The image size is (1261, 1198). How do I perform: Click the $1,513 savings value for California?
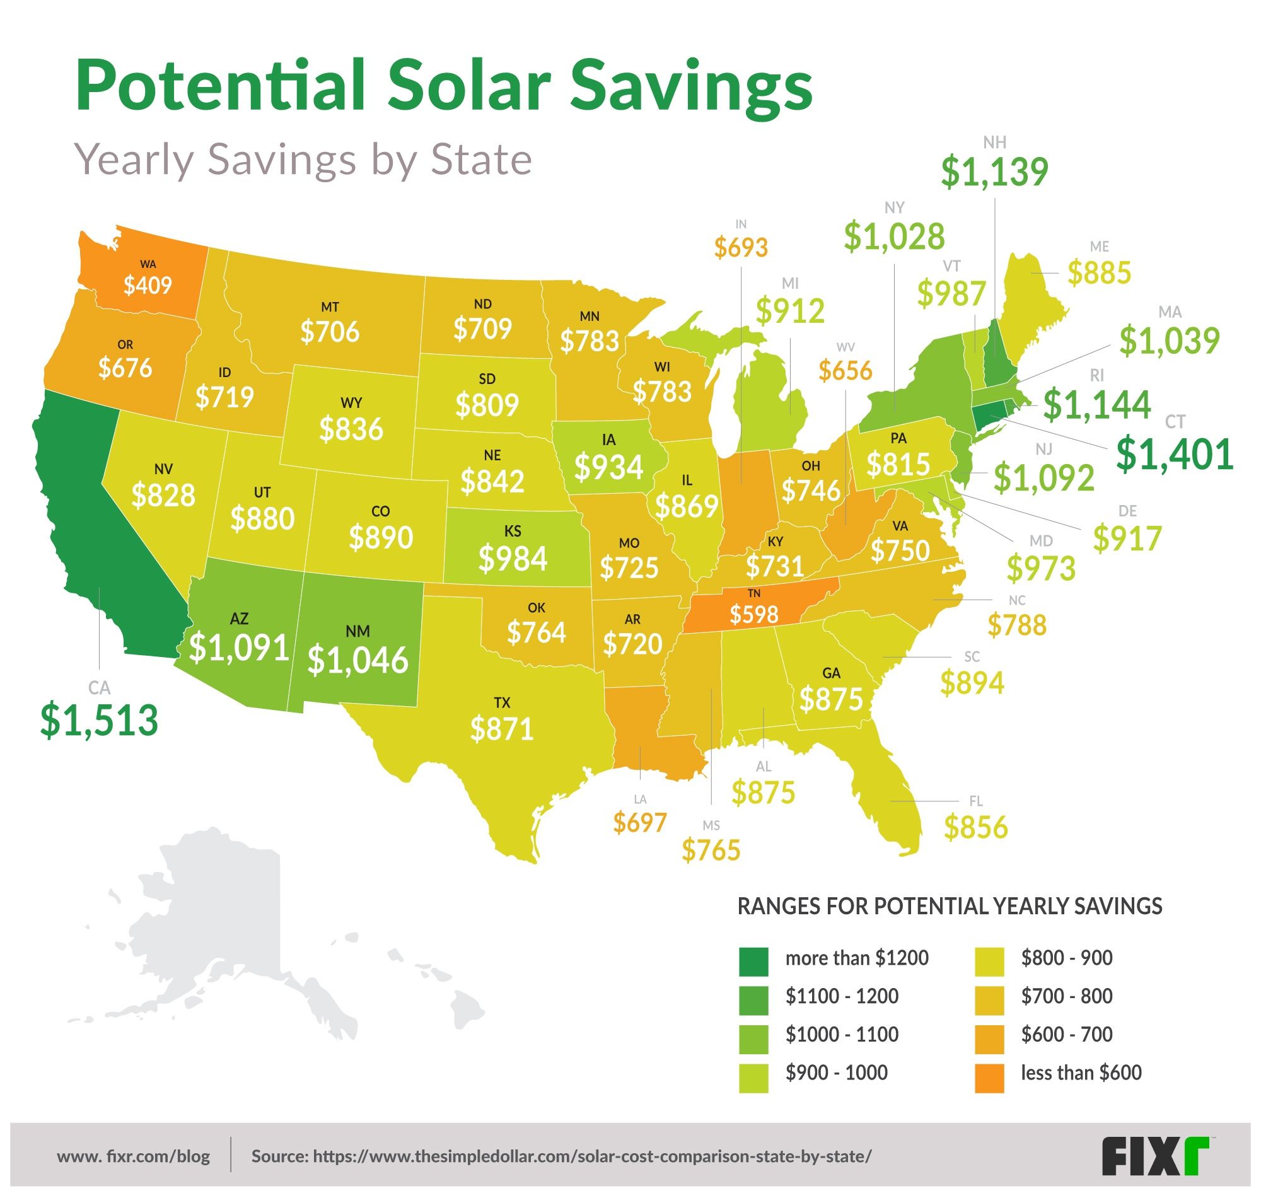[99, 719]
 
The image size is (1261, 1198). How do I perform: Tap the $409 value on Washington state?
[148, 285]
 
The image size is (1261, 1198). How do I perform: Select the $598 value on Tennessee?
[754, 614]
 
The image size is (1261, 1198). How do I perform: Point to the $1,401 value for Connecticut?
[1174, 455]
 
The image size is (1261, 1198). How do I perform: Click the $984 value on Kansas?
[513, 559]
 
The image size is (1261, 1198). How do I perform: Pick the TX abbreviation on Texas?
[502, 703]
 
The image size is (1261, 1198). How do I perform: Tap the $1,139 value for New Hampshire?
[994, 172]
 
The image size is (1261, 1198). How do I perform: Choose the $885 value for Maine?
[1099, 272]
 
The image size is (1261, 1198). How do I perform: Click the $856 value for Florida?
[975, 828]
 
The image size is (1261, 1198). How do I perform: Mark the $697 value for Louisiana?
[640, 823]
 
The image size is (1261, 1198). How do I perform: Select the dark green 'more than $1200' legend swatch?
[753, 962]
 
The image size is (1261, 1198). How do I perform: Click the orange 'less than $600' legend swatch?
[989, 1079]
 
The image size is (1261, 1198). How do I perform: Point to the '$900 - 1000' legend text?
[837, 1073]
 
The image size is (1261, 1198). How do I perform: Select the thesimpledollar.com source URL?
[561, 1156]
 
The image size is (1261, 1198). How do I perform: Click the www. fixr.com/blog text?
[134, 1156]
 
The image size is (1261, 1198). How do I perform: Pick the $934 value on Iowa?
[608, 467]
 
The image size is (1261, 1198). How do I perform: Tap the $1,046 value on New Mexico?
[357, 660]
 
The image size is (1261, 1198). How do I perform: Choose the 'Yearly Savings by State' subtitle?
[303, 160]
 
